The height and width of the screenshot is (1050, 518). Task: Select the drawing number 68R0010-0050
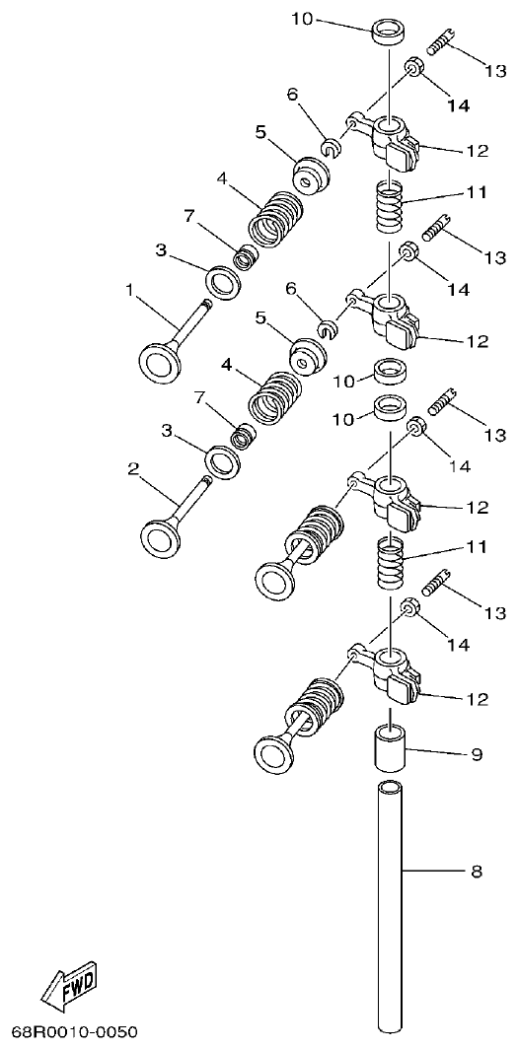(74, 1032)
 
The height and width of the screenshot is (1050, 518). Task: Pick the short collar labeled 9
(391, 749)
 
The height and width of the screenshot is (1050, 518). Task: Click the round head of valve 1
(161, 362)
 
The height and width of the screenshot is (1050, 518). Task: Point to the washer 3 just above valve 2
(226, 459)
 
